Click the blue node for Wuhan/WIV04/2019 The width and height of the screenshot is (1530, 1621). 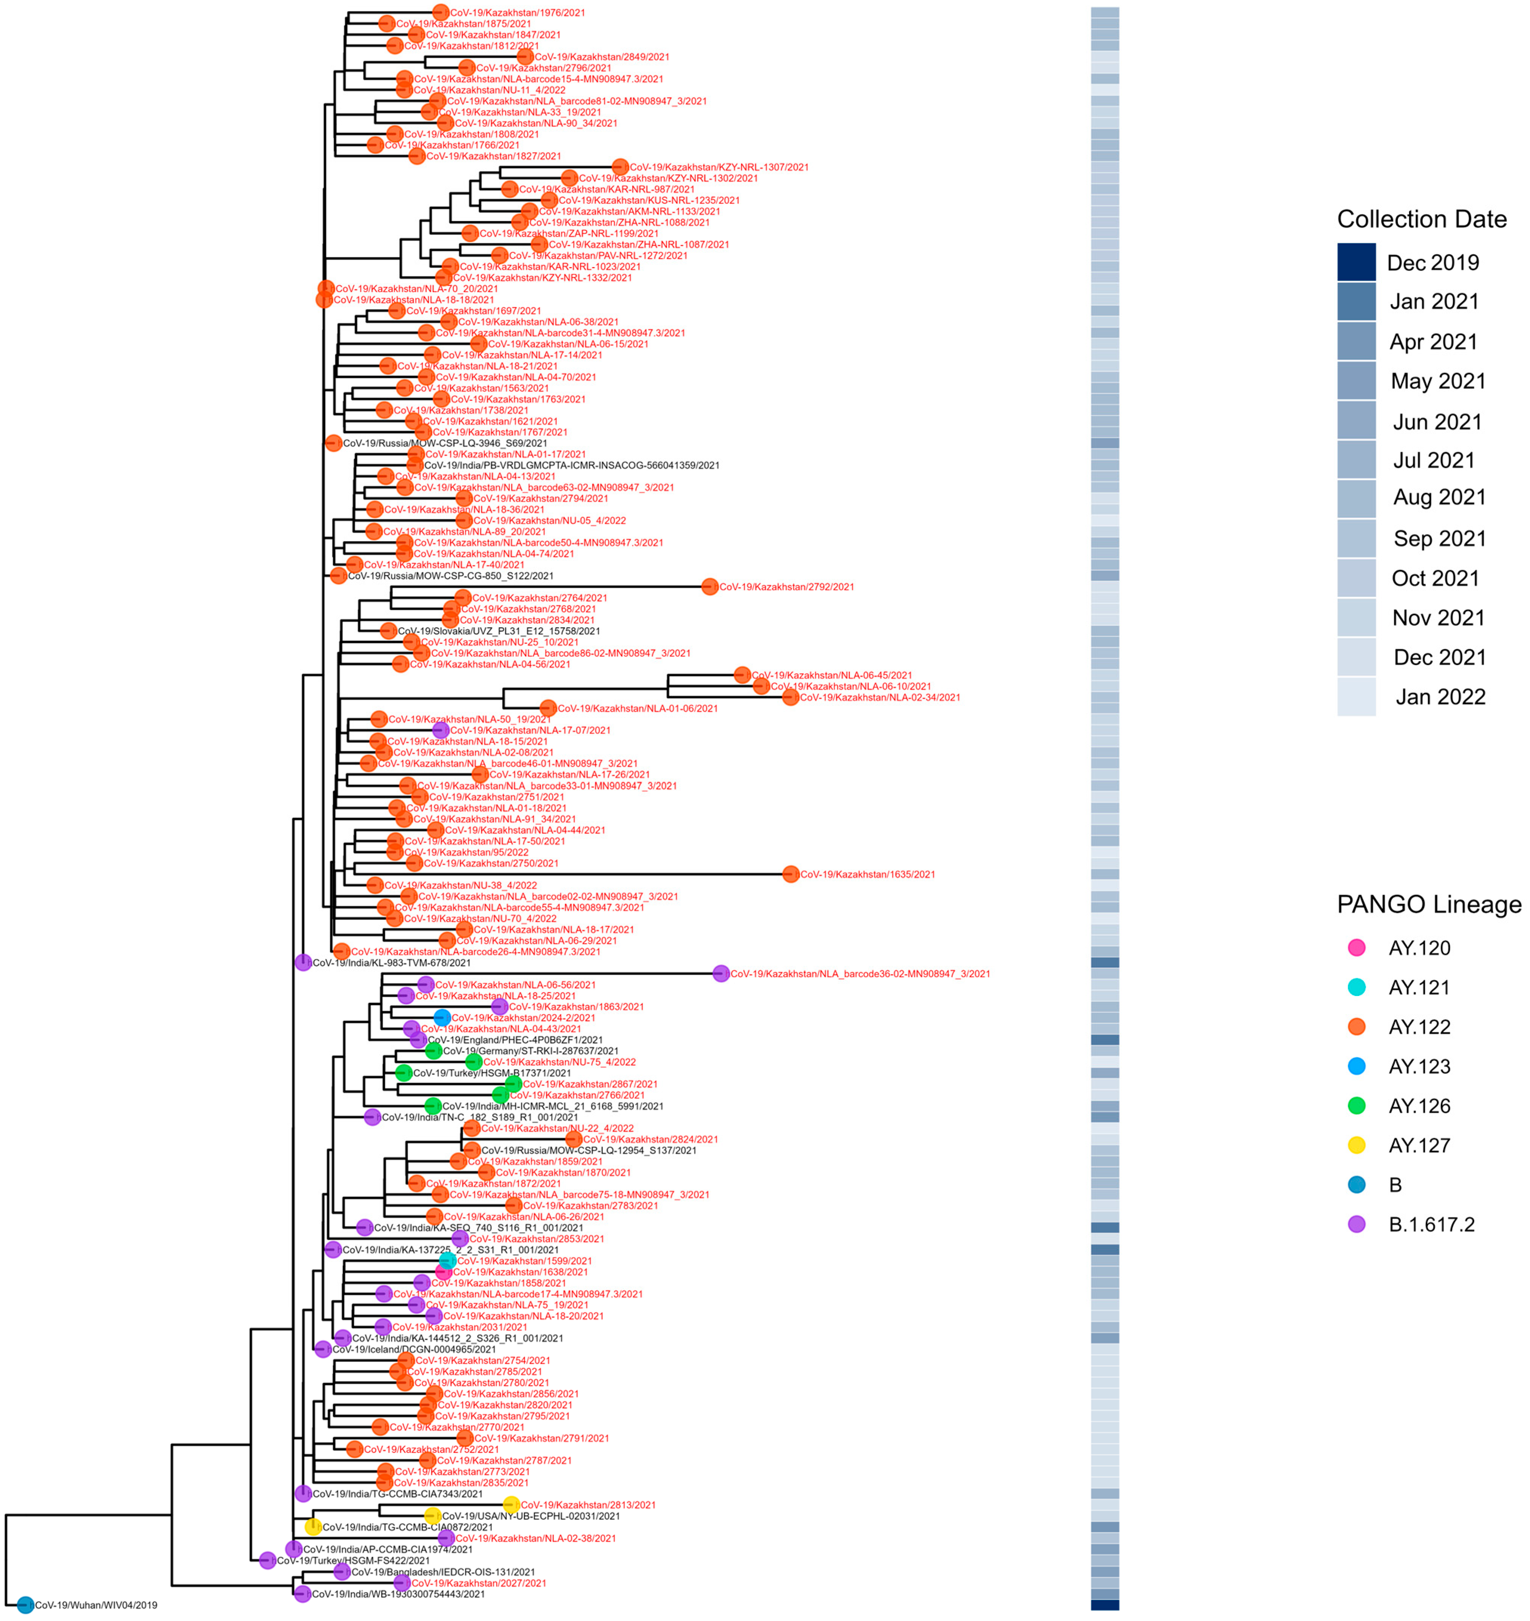click(x=25, y=1605)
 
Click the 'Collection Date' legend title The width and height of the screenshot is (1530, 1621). click(x=1422, y=219)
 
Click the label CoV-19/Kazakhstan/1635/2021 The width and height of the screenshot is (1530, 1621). click(x=867, y=874)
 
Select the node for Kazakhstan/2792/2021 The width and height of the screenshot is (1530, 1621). click(x=709, y=586)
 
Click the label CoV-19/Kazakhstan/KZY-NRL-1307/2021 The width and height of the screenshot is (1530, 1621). click(x=719, y=167)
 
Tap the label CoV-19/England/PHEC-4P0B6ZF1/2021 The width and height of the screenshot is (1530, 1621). click(x=515, y=1040)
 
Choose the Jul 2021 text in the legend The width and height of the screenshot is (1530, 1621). click(x=1434, y=460)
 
